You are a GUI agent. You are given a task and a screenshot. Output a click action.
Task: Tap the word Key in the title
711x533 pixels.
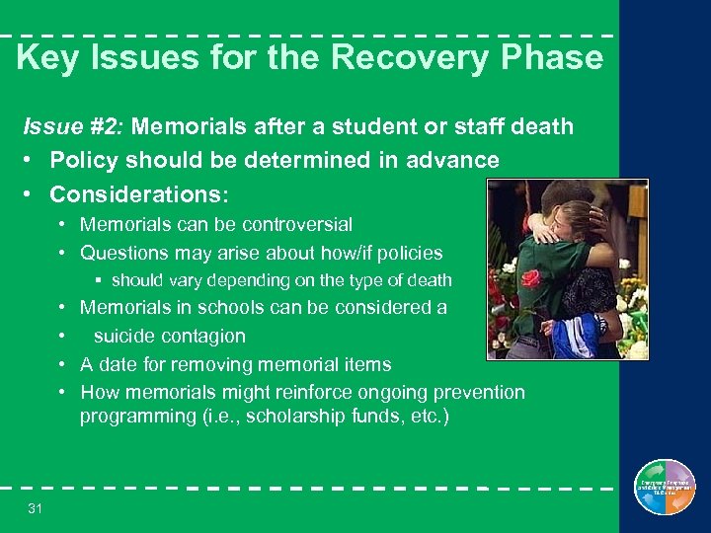pos(46,57)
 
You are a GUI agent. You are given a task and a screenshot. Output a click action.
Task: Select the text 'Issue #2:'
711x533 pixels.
pos(74,126)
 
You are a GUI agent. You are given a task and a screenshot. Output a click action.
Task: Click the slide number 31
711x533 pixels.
pos(36,507)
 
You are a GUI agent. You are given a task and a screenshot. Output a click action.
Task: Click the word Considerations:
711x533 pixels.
pos(139,193)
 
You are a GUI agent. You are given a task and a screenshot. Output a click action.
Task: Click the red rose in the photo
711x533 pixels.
pos(531,278)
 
